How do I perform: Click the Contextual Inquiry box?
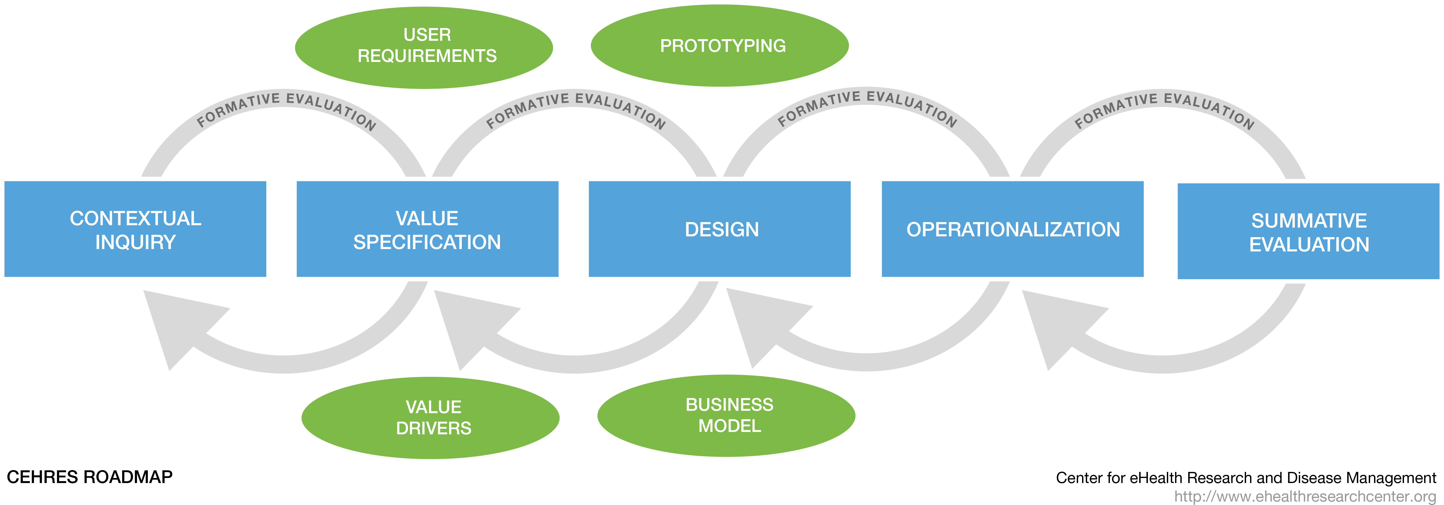pyautogui.click(x=135, y=229)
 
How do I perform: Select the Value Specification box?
pyautogui.click(x=427, y=229)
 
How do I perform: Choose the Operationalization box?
pyautogui.click(x=1012, y=229)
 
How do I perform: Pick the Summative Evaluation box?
pyautogui.click(x=1308, y=231)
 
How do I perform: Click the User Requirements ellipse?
pyautogui.click(x=424, y=48)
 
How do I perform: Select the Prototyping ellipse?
pyautogui.click(x=720, y=45)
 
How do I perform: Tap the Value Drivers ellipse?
pyautogui.click(x=431, y=418)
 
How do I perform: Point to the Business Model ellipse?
pyautogui.click(x=727, y=416)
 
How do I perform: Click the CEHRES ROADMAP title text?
pyautogui.click(x=90, y=477)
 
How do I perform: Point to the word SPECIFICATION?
pyautogui.click(x=427, y=242)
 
